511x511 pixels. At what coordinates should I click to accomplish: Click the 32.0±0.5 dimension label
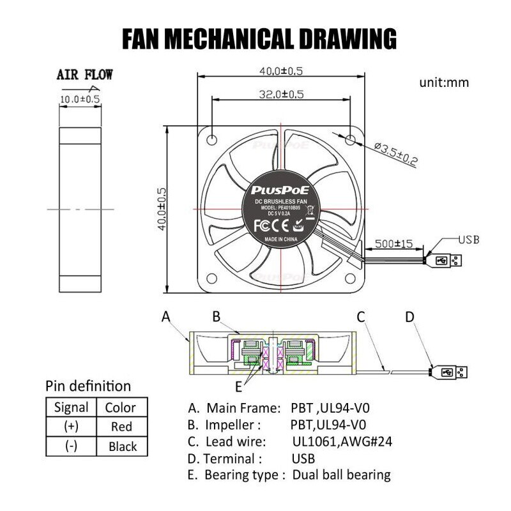click(x=280, y=94)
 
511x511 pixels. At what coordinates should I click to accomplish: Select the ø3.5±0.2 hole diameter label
click(x=397, y=155)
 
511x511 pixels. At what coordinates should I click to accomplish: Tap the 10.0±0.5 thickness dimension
click(x=80, y=99)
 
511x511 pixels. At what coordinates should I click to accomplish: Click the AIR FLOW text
click(x=85, y=75)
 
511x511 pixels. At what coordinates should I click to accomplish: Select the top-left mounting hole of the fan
click(x=212, y=137)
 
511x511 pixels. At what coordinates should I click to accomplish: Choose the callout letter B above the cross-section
click(x=217, y=316)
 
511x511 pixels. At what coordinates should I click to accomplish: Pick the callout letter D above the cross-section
click(x=409, y=316)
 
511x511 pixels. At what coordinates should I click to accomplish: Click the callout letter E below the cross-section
click(x=238, y=386)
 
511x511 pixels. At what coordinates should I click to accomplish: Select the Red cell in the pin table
click(x=121, y=427)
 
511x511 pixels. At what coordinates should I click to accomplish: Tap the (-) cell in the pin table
click(x=71, y=446)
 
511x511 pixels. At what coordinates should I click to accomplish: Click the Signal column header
click(x=71, y=407)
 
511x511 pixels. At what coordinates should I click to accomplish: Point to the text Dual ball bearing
click(x=341, y=475)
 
